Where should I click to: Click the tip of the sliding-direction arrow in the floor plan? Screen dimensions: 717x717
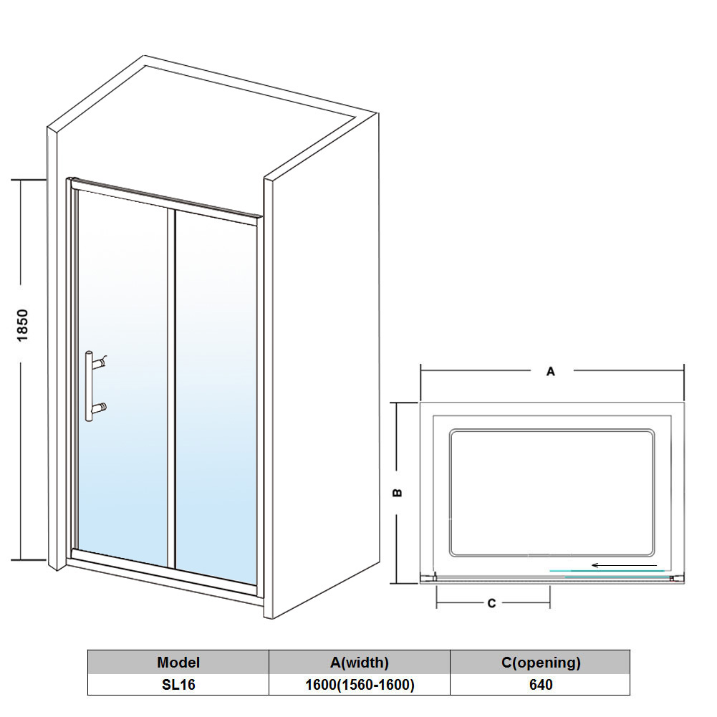coord(592,566)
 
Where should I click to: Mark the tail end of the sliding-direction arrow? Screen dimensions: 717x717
coord(657,566)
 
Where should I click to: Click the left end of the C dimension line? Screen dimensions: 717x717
coord(437,603)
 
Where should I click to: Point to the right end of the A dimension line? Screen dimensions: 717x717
coord(683,371)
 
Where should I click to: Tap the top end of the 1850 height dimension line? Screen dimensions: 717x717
coord(21,181)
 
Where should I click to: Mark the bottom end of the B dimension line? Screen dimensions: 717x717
coord(398,583)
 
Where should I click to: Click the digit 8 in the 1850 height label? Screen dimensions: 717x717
coord(22,332)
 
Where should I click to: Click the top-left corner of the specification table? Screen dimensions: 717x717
coord(88,650)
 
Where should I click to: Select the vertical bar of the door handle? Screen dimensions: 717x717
coord(88,386)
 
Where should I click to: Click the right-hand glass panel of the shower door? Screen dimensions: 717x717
coord(216,397)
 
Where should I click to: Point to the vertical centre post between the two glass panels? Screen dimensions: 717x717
coord(171,389)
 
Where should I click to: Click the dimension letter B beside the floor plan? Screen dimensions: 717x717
coord(398,493)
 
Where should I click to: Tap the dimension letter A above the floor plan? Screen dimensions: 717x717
coord(551,371)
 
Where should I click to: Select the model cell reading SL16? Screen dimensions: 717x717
coord(178,685)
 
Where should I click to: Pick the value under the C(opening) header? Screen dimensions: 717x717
coord(541,685)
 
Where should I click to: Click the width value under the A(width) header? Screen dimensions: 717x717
coord(360,685)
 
